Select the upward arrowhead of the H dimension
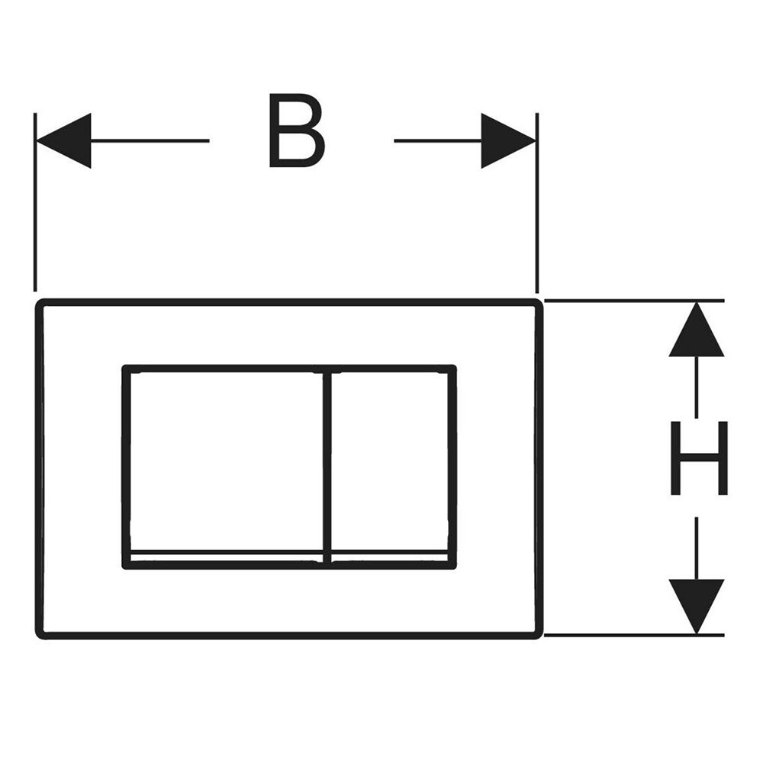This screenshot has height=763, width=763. [696, 331]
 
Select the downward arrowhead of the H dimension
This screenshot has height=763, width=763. [696, 604]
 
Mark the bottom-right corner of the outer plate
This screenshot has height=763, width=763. [539, 634]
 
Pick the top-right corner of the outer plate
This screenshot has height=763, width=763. [539, 303]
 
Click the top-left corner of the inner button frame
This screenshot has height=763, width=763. [125, 369]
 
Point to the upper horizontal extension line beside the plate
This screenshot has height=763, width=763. [633, 301]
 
